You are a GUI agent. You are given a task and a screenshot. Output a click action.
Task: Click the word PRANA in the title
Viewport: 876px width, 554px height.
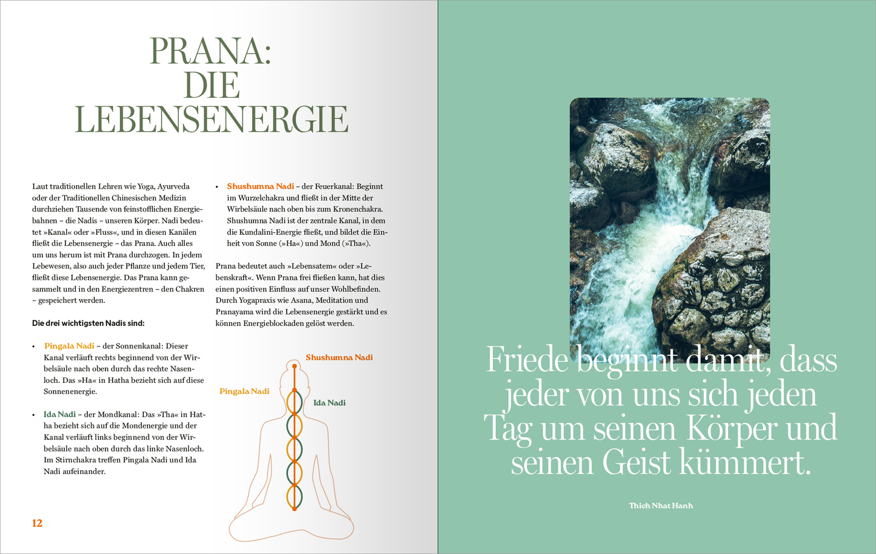click(210, 51)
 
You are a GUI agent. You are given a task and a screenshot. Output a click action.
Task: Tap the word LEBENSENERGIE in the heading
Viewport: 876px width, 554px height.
click(212, 120)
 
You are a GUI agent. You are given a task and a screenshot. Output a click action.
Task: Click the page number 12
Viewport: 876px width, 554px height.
click(37, 523)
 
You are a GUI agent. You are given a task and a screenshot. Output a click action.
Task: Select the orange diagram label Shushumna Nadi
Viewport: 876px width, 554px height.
click(339, 357)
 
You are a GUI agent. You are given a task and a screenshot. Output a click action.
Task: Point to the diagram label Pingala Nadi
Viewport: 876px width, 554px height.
click(244, 391)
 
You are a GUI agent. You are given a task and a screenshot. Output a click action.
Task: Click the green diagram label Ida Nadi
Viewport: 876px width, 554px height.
click(329, 403)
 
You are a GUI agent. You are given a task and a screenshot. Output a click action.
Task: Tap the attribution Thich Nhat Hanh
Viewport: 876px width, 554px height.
click(661, 505)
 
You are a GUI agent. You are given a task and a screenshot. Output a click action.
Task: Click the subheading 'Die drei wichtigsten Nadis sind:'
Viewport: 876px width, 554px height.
click(89, 323)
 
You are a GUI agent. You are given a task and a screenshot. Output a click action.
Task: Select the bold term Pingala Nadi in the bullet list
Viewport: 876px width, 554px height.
click(69, 346)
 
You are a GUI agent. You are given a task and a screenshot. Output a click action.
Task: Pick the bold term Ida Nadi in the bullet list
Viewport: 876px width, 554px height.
click(59, 414)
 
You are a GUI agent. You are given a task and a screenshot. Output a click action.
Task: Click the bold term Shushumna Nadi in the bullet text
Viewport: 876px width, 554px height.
click(260, 186)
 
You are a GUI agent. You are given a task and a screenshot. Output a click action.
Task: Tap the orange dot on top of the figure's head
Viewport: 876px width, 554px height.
click(295, 366)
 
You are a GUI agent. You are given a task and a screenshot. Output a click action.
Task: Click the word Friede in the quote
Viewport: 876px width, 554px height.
click(527, 360)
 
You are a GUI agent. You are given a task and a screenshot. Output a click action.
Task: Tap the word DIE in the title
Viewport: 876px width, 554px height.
click(212, 85)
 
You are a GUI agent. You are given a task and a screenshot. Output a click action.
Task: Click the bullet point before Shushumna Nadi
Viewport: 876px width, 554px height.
click(217, 187)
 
